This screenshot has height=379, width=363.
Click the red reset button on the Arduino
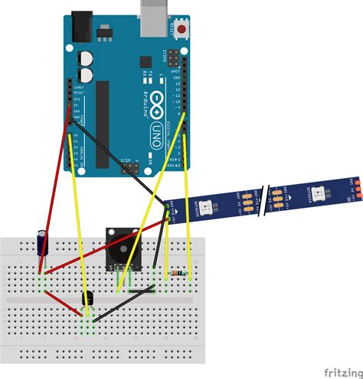182,30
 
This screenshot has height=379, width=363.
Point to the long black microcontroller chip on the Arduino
102,122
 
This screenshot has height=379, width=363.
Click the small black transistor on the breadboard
87,301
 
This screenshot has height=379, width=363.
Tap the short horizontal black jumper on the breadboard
142,291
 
